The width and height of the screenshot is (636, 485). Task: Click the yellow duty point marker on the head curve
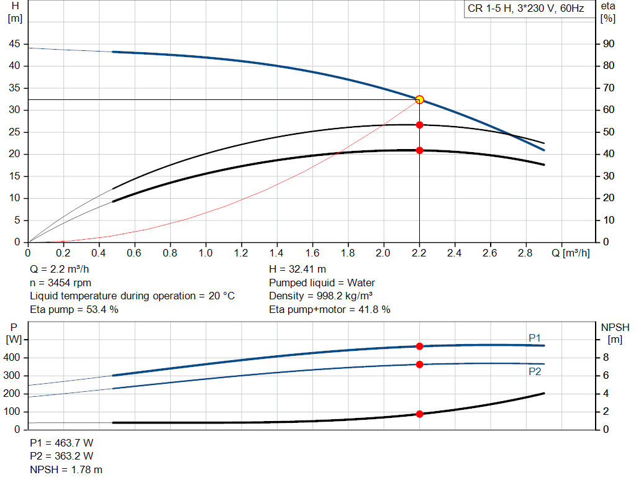pyautogui.click(x=419, y=100)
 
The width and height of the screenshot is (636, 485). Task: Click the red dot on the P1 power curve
pyautogui.click(x=419, y=347)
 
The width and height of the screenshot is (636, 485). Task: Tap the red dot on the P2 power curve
pyautogui.click(x=419, y=365)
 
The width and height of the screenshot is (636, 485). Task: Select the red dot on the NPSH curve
pyautogui.click(x=419, y=414)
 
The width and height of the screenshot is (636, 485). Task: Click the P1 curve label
pyautogui.click(x=535, y=338)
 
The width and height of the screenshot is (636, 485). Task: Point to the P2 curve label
pyautogui.click(x=535, y=371)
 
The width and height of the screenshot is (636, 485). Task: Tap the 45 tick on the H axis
pyautogui.click(x=14, y=44)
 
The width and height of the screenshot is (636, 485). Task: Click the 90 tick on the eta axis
pyautogui.click(x=609, y=44)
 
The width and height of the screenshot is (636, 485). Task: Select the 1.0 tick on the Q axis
pyautogui.click(x=205, y=253)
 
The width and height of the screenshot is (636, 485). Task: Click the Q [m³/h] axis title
pyautogui.click(x=571, y=253)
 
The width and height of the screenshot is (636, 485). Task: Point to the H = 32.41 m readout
pyautogui.click(x=298, y=270)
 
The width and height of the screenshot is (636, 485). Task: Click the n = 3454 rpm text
pyautogui.click(x=60, y=283)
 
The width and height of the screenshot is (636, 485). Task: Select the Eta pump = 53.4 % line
pyautogui.click(x=75, y=309)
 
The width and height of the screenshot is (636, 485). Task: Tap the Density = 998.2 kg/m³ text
pyautogui.click(x=320, y=296)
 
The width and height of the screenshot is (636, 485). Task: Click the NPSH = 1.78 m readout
pyautogui.click(x=66, y=469)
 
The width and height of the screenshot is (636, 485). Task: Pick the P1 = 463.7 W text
pyautogui.click(x=61, y=443)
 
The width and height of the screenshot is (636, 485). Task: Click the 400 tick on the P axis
pyautogui.click(x=11, y=358)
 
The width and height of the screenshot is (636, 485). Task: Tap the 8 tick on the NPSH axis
pyautogui.click(x=606, y=358)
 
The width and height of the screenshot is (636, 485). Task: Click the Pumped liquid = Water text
pyautogui.click(x=322, y=283)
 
